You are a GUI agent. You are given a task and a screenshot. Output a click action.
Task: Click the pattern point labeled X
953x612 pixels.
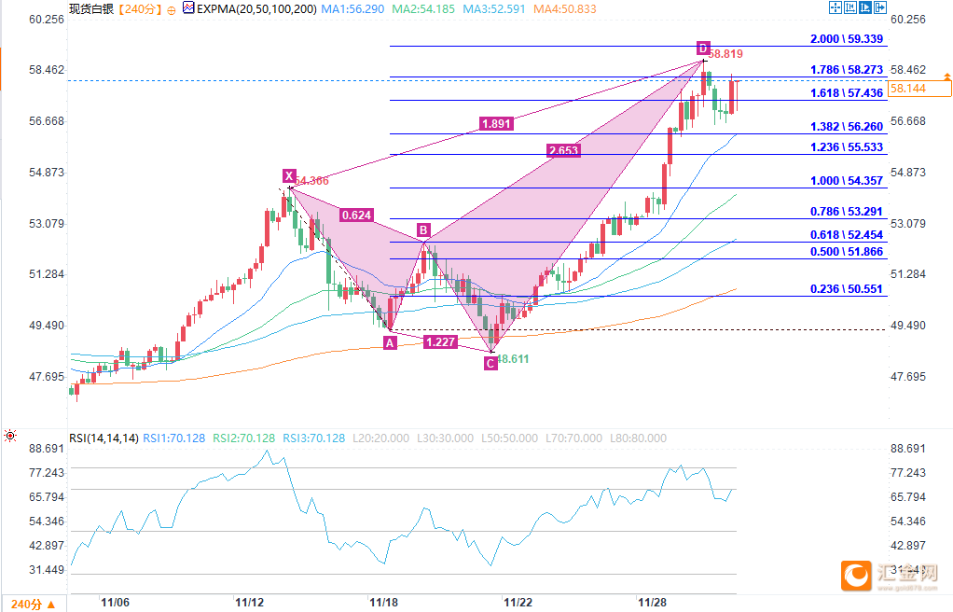tap(289, 175)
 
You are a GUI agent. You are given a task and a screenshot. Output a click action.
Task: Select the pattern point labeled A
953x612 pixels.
tap(390, 342)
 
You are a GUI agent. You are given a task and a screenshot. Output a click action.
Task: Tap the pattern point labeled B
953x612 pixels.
tap(423, 229)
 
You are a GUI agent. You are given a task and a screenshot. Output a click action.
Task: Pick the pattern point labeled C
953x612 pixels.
tap(490, 363)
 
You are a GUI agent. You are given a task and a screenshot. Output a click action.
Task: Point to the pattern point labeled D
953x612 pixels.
tap(703, 48)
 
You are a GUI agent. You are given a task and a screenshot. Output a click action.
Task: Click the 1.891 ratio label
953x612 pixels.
tap(496, 123)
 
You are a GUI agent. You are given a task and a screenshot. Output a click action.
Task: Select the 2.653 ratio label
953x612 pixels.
tap(563, 149)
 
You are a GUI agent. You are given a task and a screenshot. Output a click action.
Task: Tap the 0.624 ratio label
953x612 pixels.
tap(357, 215)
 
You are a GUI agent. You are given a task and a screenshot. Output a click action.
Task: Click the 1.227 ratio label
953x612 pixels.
tap(439, 342)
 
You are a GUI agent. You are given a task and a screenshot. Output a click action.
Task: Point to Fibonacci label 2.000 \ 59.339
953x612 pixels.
tap(846, 39)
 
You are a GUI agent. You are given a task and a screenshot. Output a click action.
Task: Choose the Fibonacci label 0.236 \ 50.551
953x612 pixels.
tap(846, 289)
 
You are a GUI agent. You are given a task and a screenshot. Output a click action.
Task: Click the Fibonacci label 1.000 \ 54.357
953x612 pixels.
tap(846, 181)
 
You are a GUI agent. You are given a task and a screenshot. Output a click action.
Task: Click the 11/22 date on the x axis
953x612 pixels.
tap(518, 604)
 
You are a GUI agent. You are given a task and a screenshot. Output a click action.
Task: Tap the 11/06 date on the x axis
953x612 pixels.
tap(116, 604)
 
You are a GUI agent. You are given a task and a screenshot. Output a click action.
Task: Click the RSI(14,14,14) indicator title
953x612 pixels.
tap(104, 438)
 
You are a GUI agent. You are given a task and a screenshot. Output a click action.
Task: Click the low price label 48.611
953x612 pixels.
tap(513, 358)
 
